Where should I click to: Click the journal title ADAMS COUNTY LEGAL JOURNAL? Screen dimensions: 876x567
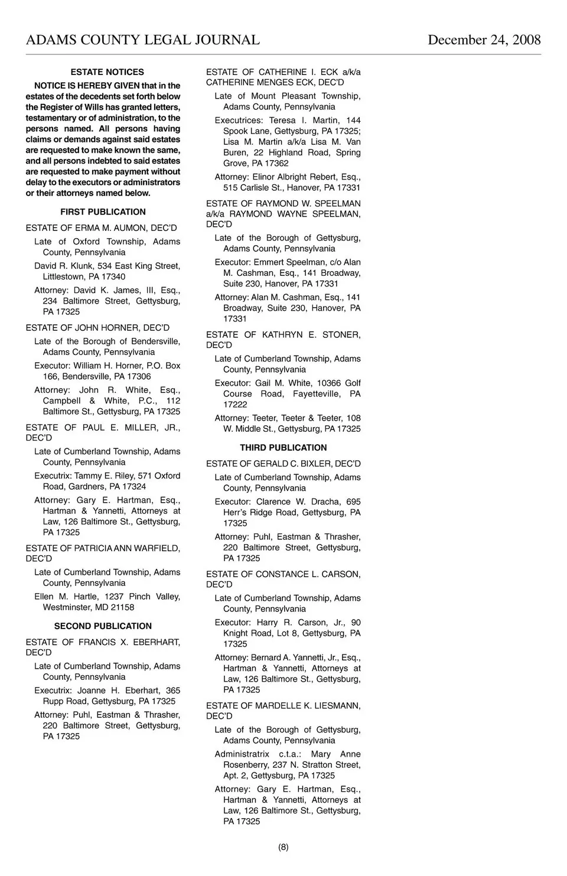pyautogui.click(x=143, y=40)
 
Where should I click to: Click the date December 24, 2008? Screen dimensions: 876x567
pyautogui.click(x=484, y=40)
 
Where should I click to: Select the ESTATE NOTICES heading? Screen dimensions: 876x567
pyautogui.click(x=107, y=72)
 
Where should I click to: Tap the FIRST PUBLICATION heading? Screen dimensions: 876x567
pyautogui.click(x=103, y=212)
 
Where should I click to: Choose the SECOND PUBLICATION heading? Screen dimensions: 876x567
pyautogui.click(x=103, y=626)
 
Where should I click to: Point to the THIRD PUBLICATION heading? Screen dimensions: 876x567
pyautogui.click(x=283, y=448)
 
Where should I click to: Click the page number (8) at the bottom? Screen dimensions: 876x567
pyautogui.click(x=283, y=847)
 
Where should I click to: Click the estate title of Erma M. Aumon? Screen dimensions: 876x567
pyautogui.click(x=101, y=228)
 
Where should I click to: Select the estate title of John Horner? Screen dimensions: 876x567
pyautogui.click(x=97, y=328)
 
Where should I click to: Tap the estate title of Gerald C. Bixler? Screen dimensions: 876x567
pyautogui.click(x=283, y=464)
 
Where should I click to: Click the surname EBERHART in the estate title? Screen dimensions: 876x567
pyautogui.click(x=157, y=642)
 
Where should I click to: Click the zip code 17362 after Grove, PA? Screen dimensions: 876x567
pyautogui.click(x=276, y=164)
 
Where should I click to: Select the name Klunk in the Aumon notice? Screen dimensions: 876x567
pyautogui.click(x=83, y=266)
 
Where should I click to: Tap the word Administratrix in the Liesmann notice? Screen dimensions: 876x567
pyautogui.click(x=242, y=754)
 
